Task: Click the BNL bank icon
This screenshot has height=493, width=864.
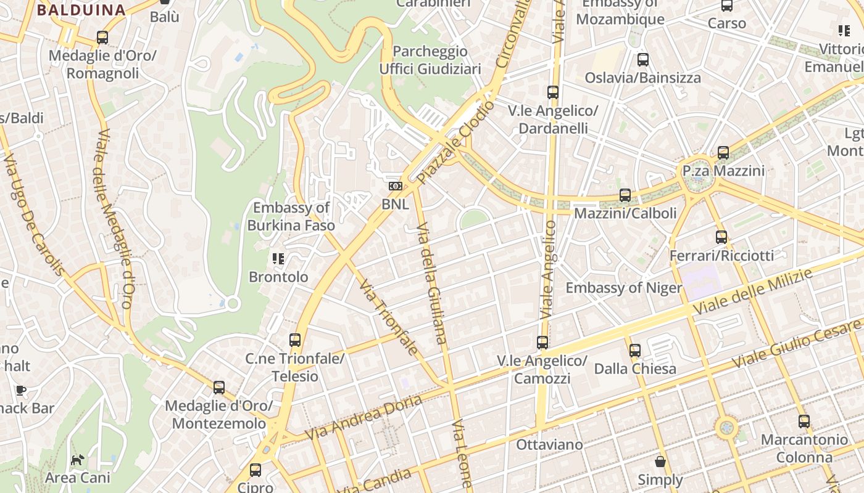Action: (x=395, y=186)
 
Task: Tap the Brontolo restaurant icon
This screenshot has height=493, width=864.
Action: (x=278, y=259)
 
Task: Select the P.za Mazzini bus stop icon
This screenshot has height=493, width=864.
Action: (x=723, y=152)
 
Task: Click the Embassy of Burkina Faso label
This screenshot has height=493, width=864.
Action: (x=291, y=216)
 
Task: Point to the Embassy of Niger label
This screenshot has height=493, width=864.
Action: (x=624, y=288)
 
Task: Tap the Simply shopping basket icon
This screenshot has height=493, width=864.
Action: (x=660, y=462)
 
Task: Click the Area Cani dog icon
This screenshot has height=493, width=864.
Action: (x=78, y=460)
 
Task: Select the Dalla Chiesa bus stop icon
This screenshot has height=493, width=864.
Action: (x=635, y=351)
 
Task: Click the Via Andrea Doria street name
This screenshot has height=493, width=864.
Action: (x=363, y=417)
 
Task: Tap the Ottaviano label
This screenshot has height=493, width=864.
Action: (x=549, y=444)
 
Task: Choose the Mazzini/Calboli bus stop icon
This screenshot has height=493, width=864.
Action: (x=625, y=195)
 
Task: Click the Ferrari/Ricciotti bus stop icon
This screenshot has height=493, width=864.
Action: (x=721, y=237)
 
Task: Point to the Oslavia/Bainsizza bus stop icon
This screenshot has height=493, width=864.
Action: (x=643, y=60)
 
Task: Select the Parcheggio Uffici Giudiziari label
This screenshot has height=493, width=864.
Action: (x=430, y=60)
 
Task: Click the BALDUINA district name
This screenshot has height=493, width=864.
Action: (x=81, y=10)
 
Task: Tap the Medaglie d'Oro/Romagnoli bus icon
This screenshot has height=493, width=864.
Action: (x=102, y=38)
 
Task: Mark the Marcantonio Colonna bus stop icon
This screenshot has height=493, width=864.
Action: (x=804, y=422)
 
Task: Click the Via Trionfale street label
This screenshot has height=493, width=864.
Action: (x=388, y=318)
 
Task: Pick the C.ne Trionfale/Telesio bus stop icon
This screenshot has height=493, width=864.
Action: (x=295, y=340)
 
